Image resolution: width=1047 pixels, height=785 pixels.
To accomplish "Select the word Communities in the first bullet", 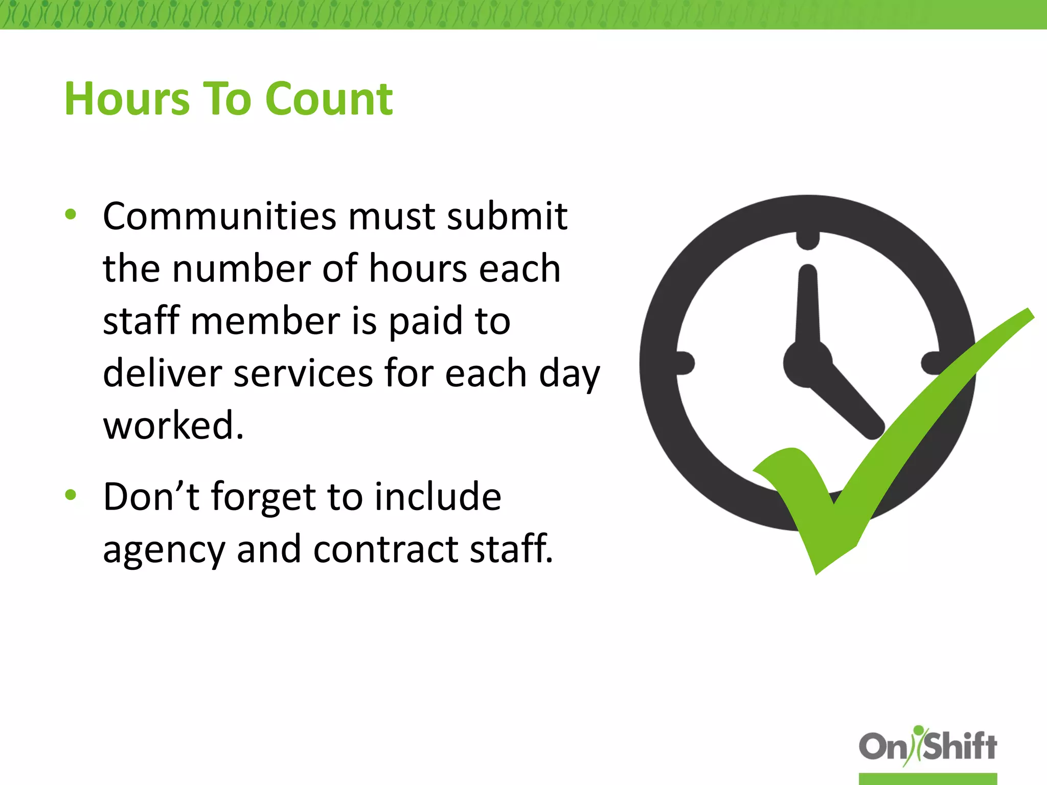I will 219,216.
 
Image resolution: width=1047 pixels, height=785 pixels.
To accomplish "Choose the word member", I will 265,321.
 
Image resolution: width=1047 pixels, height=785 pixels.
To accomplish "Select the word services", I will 303,373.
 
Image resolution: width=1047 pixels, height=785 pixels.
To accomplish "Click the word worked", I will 173,425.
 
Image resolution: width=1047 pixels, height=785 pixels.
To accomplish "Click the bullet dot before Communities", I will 71,215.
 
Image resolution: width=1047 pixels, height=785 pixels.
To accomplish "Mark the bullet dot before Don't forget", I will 71,494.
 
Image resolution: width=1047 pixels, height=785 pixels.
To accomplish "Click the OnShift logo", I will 927,747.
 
